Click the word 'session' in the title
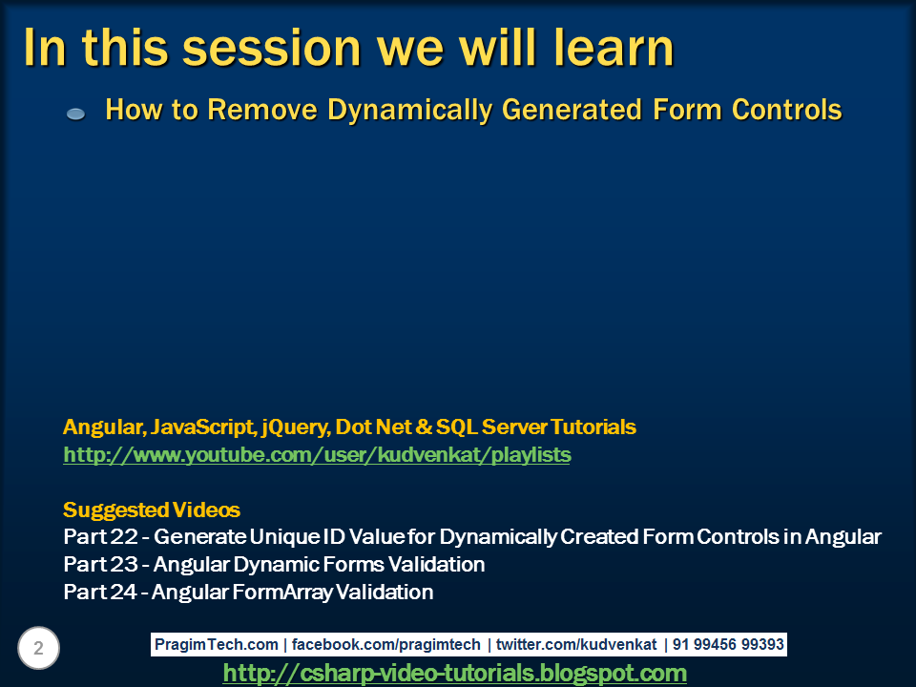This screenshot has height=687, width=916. coord(272,48)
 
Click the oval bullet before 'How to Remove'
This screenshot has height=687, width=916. coord(76,114)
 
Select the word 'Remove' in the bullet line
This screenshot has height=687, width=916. coord(262,109)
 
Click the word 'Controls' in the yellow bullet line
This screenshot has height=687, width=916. coord(786,109)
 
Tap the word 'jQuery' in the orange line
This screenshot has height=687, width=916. coord(296,427)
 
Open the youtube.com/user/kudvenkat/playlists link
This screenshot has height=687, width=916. coord(317,454)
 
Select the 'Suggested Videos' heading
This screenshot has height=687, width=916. coord(152,510)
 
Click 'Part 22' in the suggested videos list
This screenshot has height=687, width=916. coord(100,537)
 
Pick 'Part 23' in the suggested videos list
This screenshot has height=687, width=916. coord(100,564)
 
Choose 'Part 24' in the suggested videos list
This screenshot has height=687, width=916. coord(100,592)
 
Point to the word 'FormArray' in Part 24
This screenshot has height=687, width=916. coord(282,593)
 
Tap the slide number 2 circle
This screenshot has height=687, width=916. coord(38,648)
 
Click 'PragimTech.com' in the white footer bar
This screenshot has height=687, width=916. coord(217,644)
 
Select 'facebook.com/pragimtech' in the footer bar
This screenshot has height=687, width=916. coord(385,644)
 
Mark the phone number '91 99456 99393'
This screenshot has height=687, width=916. coord(728,644)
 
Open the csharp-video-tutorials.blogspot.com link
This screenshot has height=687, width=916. coord(454,673)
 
